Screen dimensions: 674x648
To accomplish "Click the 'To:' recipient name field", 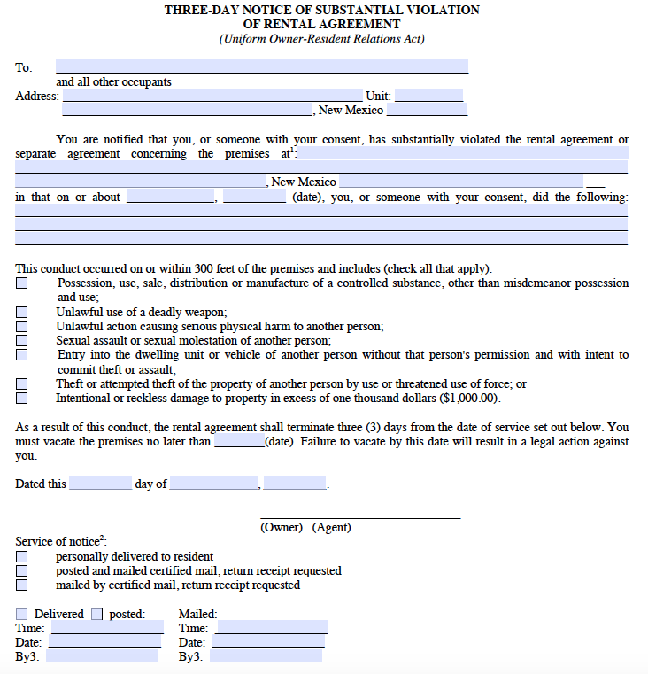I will tap(261, 66).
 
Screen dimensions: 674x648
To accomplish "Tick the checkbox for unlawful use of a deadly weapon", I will tap(21, 312).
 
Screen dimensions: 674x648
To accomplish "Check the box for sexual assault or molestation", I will tap(21, 340).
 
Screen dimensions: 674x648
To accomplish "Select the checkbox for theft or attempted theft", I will tap(21, 384).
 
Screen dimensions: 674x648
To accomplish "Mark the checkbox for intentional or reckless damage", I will tap(21, 399).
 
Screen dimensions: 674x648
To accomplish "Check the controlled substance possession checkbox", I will tap(21, 283).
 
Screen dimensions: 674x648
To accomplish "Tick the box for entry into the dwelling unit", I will tap(21, 355).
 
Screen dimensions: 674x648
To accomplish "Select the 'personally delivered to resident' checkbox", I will tap(21, 557).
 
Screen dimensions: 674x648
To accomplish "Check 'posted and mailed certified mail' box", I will tap(21, 571).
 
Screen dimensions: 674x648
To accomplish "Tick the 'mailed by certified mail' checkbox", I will tap(21, 585).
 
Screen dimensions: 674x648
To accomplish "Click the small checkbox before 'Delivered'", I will tap(21, 614).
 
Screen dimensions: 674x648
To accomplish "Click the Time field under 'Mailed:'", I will tap(272, 627).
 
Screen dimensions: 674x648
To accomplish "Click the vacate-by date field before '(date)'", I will tap(238, 441).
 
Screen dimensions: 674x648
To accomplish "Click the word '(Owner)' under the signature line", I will tap(282, 527).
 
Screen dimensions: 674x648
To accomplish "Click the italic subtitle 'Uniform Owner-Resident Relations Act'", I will tap(322, 39).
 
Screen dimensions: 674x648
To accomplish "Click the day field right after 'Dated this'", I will tap(100, 484).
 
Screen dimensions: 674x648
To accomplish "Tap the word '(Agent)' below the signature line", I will tap(331, 527).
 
